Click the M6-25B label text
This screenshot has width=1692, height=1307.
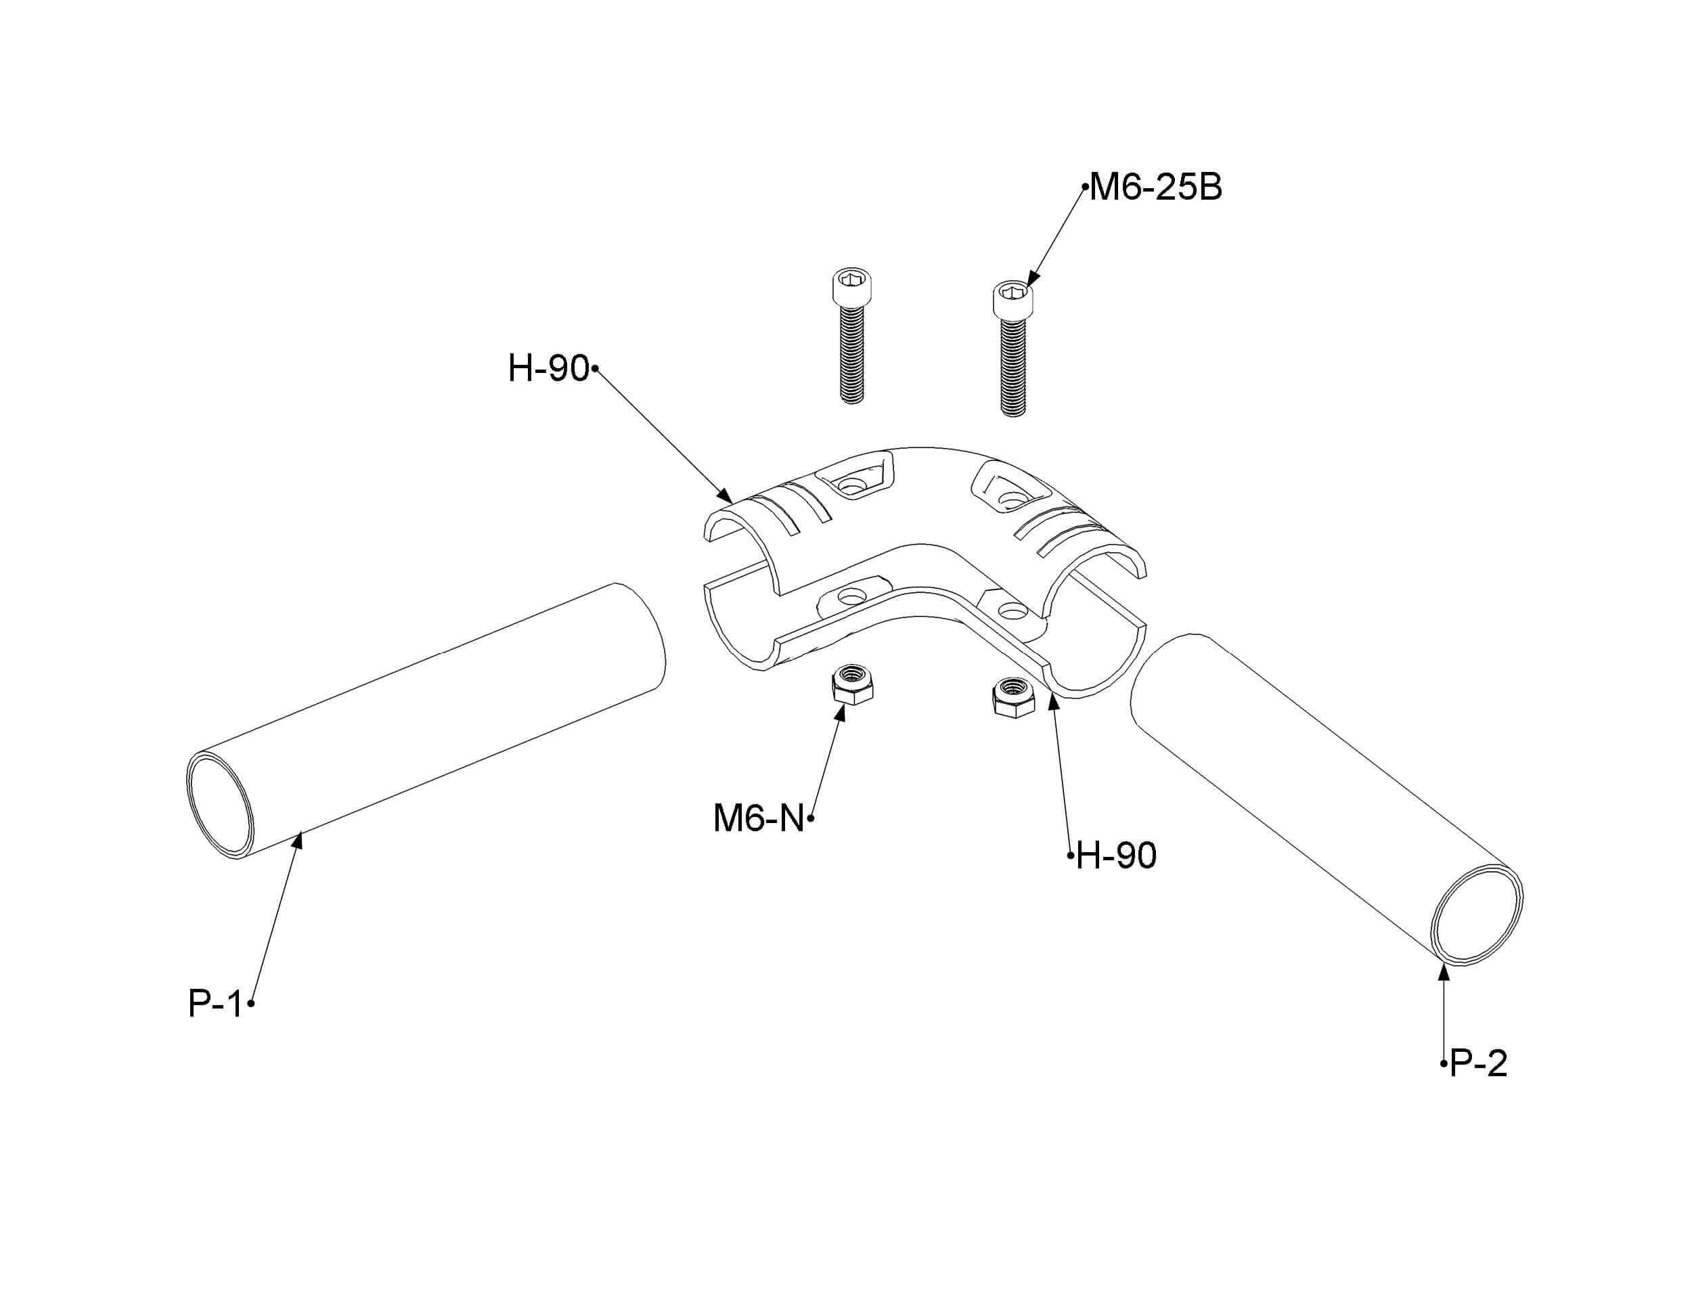pyautogui.click(x=1155, y=187)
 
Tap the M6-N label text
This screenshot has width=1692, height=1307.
pyautogui.click(x=759, y=818)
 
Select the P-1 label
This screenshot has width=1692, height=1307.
pyautogui.click(x=215, y=1003)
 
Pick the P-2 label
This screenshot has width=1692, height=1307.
pyautogui.click(x=1479, y=1064)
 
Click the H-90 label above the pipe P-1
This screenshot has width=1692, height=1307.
pyautogui.click(x=548, y=368)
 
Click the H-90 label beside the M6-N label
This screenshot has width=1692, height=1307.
pyautogui.click(x=1116, y=856)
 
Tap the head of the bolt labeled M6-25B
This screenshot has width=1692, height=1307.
pyautogui.click(x=1012, y=300)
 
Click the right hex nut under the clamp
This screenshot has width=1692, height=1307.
pyautogui.click(x=1013, y=696)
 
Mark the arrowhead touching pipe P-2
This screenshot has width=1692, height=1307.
pyautogui.click(x=1444, y=973)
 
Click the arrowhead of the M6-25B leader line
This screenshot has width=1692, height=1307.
pyautogui.click(x=1033, y=280)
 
